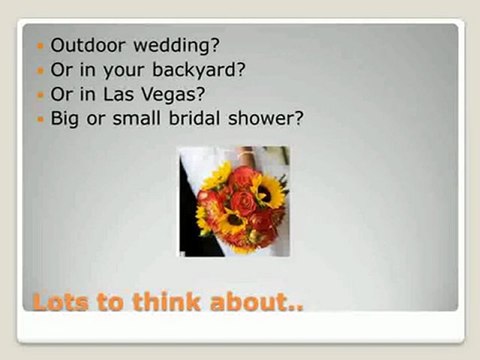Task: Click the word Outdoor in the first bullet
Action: (86, 45)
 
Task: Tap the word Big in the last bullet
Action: (66, 119)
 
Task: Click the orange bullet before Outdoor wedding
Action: (40, 46)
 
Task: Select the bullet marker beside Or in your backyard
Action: (40, 71)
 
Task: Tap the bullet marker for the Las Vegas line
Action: (40, 95)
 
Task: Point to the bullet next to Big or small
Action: (40, 119)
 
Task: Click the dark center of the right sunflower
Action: (268, 190)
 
